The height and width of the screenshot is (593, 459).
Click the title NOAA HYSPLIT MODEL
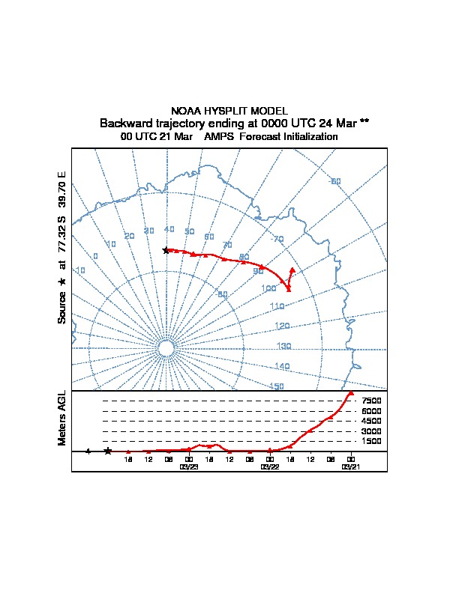click(x=229, y=111)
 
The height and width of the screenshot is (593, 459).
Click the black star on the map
click(x=166, y=250)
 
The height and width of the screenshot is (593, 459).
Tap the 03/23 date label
click(x=189, y=466)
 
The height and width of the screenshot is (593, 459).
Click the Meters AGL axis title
click(x=62, y=418)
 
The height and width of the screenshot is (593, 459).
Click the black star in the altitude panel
click(x=108, y=451)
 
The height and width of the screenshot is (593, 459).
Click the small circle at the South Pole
click(x=166, y=349)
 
